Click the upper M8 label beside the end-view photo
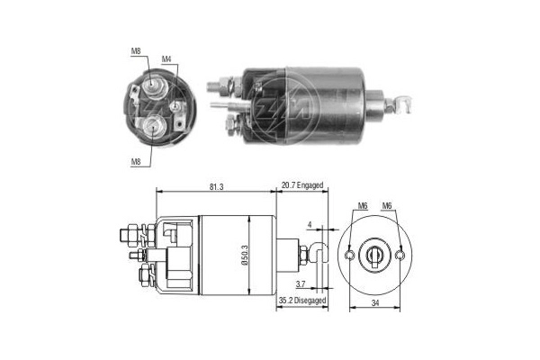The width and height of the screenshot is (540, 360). pyautogui.click(x=135, y=51)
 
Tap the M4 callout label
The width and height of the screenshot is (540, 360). pyautogui.click(x=166, y=59)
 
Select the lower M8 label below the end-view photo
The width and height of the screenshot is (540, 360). pyautogui.click(x=135, y=163)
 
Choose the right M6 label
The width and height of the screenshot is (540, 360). pyautogui.click(x=388, y=206)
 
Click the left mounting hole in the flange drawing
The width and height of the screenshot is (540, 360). pyautogui.click(x=347, y=256)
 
